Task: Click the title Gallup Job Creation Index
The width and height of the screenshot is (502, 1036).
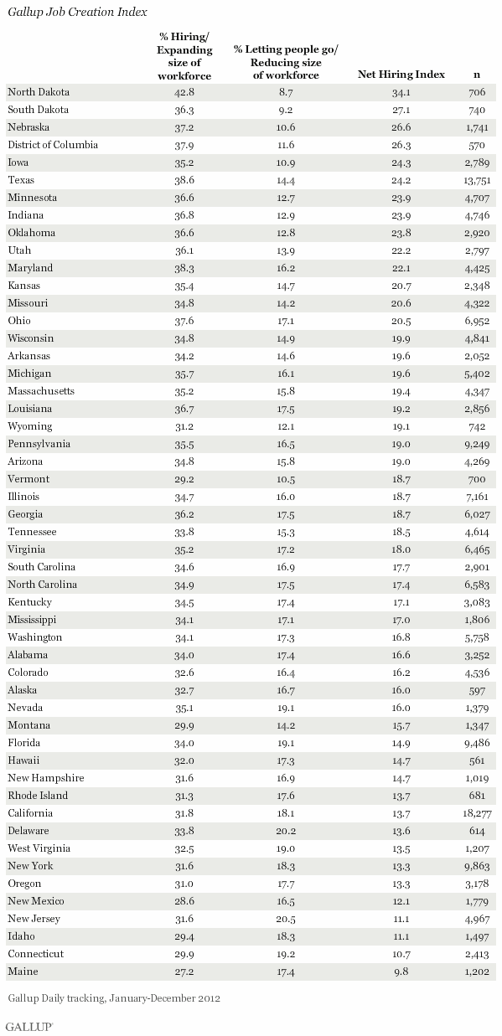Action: pos(77,12)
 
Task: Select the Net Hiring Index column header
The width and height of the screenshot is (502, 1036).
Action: pos(401,75)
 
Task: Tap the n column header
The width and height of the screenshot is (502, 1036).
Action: pos(477,75)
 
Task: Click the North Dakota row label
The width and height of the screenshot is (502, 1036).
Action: pos(39,92)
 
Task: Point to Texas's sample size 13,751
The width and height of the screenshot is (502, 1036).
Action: pos(477,180)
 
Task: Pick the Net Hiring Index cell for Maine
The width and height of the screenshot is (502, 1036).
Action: pos(401,972)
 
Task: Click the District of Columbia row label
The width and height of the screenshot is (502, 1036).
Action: pos(53,145)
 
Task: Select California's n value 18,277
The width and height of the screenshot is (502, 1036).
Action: pos(477,813)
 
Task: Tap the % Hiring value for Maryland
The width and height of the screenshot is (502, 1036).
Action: pos(184,268)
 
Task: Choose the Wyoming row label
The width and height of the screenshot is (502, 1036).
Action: pos(29,426)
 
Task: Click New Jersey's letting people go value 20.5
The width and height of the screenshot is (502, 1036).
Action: pos(286,919)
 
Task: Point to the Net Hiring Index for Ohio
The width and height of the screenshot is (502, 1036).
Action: pos(401,321)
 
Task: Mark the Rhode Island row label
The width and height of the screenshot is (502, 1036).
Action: pos(38,796)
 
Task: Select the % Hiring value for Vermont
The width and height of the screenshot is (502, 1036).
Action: pos(184,479)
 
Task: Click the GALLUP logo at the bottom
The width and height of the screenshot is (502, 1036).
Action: pos(29,1027)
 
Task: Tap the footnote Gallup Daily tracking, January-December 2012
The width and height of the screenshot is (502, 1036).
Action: pos(114,998)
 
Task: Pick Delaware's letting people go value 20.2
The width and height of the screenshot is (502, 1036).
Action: pos(286,831)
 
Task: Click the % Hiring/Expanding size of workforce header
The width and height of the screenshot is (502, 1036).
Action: pos(184,56)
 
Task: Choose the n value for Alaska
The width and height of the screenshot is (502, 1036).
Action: pos(477,690)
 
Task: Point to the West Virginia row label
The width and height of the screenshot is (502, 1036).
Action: pos(39,848)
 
